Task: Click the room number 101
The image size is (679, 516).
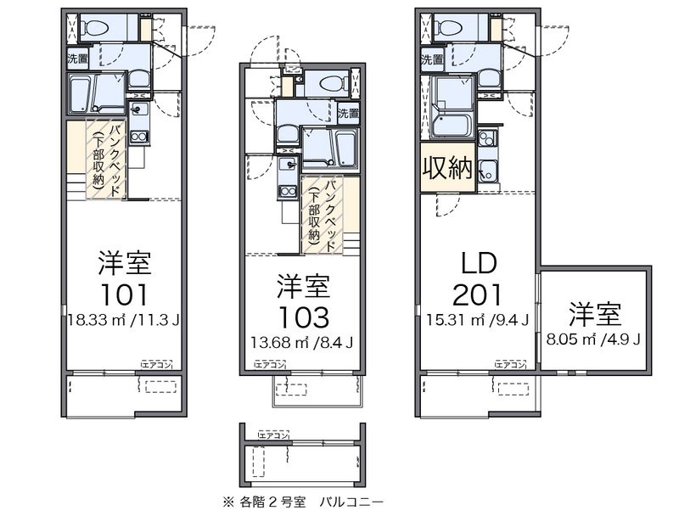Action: pos(126,294)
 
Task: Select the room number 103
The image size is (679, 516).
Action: pos(302,317)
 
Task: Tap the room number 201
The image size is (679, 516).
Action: pos(477,294)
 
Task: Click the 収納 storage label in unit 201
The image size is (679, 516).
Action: pos(447,168)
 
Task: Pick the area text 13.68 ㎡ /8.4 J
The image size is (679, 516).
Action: pos(302,344)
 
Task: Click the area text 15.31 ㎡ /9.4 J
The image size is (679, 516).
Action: pos(477,321)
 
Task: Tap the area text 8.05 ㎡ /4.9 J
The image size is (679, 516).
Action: pos(595,338)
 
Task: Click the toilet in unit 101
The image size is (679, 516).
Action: pos(95,27)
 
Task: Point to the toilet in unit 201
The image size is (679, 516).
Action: pos(447,27)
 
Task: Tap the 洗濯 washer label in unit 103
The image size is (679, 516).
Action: pos(348,112)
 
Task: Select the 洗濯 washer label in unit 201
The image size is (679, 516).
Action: pos(432,59)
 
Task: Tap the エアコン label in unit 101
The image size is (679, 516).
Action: pos(156,364)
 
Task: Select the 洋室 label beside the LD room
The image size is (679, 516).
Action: pos(595,313)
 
